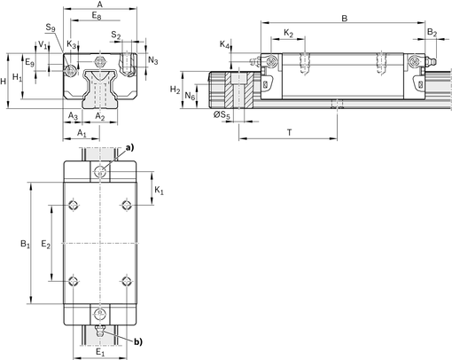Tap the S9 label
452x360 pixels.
tap(51, 30)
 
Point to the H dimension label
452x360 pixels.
tap(5, 81)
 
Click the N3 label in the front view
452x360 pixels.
tap(152, 60)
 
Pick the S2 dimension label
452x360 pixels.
tap(116, 35)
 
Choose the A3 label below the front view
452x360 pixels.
tap(74, 116)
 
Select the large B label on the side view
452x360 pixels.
tap(345, 17)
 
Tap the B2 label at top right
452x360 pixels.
tap(432, 33)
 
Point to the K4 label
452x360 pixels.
tap(225, 44)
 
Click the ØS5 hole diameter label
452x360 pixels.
tap(222, 116)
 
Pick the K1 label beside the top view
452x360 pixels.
tap(158, 191)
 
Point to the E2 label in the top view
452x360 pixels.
tap(47, 242)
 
